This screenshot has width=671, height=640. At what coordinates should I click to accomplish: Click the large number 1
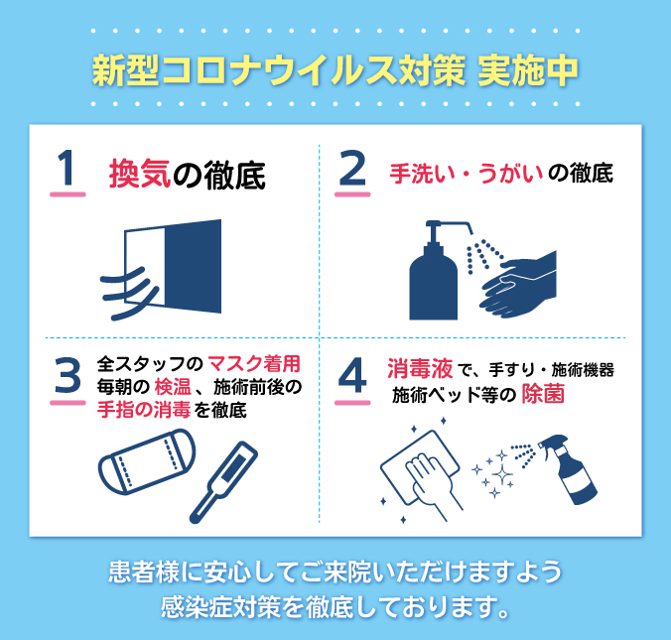[x=65, y=168]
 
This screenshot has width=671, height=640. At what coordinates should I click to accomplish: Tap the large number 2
[x=352, y=168]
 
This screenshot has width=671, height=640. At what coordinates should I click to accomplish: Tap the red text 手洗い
[x=418, y=174]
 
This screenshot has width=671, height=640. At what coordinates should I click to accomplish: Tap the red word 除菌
[x=544, y=394]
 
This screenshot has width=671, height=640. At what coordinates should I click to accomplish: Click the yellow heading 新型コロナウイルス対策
[x=278, y=72]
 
